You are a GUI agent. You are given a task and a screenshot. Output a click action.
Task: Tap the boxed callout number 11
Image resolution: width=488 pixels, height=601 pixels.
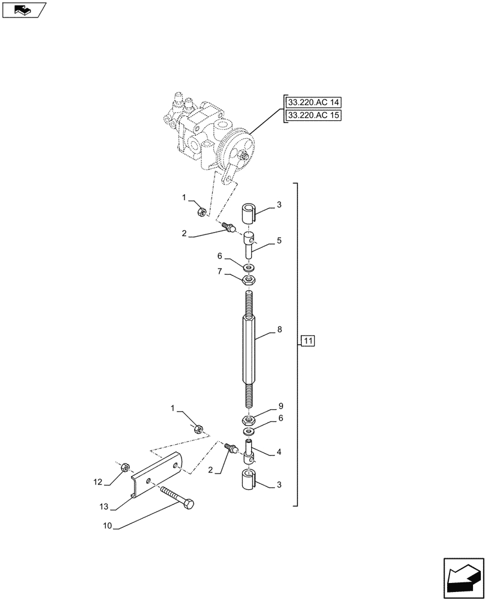pyautogui.click(x=307, y=342)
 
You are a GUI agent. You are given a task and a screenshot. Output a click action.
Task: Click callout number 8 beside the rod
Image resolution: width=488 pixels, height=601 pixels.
pyautogui.click(x=279, y=330)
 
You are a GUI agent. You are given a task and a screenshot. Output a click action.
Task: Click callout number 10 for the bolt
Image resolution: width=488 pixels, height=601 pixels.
pyautogui.click(x=108, y=527)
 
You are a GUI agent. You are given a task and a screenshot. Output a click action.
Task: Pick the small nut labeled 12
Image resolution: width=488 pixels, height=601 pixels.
pyautogui.click(x=126, y=467)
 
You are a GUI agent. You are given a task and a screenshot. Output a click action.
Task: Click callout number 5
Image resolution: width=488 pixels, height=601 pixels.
pyautogui.click(x=279, y=240)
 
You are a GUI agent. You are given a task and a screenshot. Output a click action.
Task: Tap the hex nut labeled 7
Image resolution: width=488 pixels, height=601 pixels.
pyautogui.click(x=249, y=279)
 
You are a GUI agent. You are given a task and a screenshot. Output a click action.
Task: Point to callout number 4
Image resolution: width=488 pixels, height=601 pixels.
pyautogui.click(x=279, y=451)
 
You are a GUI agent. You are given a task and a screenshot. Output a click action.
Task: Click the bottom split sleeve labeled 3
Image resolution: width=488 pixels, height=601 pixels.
pyautogui.click(x=250, y=482)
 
